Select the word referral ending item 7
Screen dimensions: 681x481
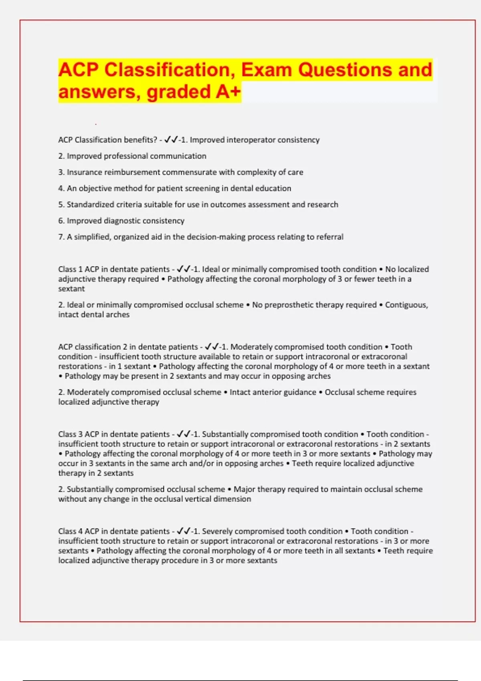tap(330, 237)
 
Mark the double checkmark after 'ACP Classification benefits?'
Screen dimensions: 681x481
tap(171, 140)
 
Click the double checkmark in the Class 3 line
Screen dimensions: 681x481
tap(184, 434)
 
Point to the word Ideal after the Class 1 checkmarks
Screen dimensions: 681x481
tap(211, 269)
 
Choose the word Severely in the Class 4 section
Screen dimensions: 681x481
tap(218, 531)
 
